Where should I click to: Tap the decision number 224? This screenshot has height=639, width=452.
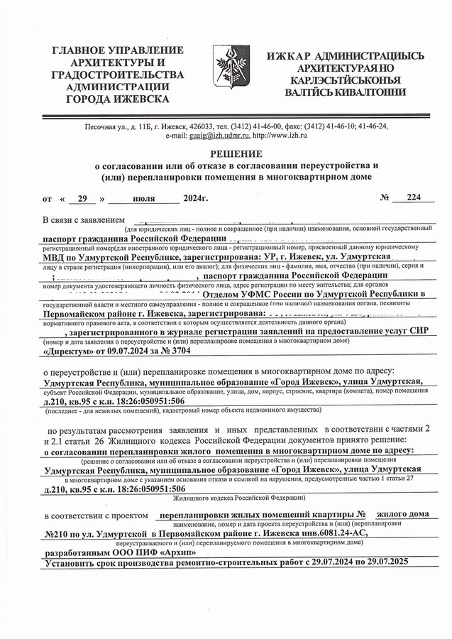click(x=407, y=198)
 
